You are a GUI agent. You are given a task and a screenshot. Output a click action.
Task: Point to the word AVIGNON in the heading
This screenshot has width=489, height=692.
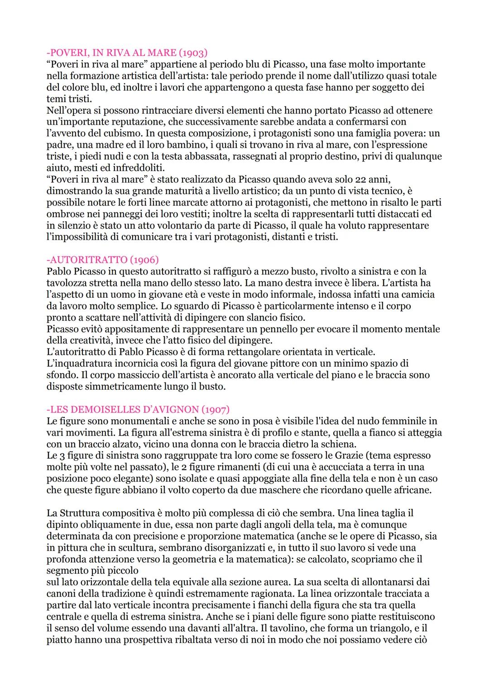coord(177,410)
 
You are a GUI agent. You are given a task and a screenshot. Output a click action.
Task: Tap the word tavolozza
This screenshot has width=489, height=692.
coord(68,283)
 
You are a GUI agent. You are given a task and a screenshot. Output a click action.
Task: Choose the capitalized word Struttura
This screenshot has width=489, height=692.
coord(80,513)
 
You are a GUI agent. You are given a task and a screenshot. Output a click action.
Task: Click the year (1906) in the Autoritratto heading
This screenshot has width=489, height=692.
coord(144,260)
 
